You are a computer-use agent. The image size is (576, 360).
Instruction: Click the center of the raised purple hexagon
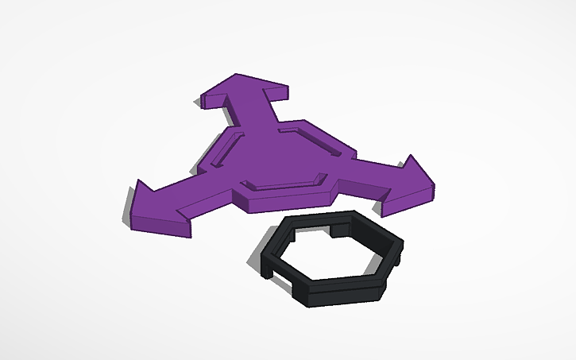point(278,159)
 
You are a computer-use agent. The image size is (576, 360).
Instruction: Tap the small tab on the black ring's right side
point(402,254)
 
